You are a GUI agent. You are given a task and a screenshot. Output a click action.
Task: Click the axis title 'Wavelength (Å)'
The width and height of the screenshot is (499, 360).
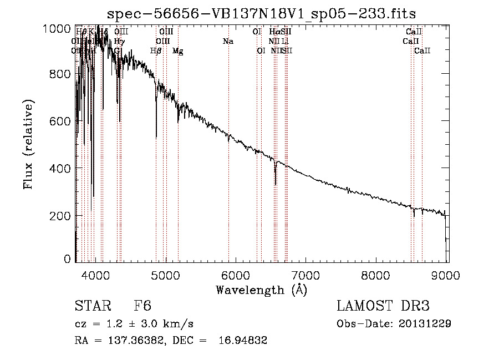point(261,290)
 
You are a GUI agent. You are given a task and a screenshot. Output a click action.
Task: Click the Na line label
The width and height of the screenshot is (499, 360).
point(227,42)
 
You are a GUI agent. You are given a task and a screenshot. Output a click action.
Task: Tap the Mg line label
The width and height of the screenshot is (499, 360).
point(177,51)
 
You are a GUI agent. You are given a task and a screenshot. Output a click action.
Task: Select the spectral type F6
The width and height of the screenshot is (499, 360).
point(142,307)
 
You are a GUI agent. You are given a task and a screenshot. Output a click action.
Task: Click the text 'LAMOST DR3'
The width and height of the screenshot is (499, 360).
point(383,307)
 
